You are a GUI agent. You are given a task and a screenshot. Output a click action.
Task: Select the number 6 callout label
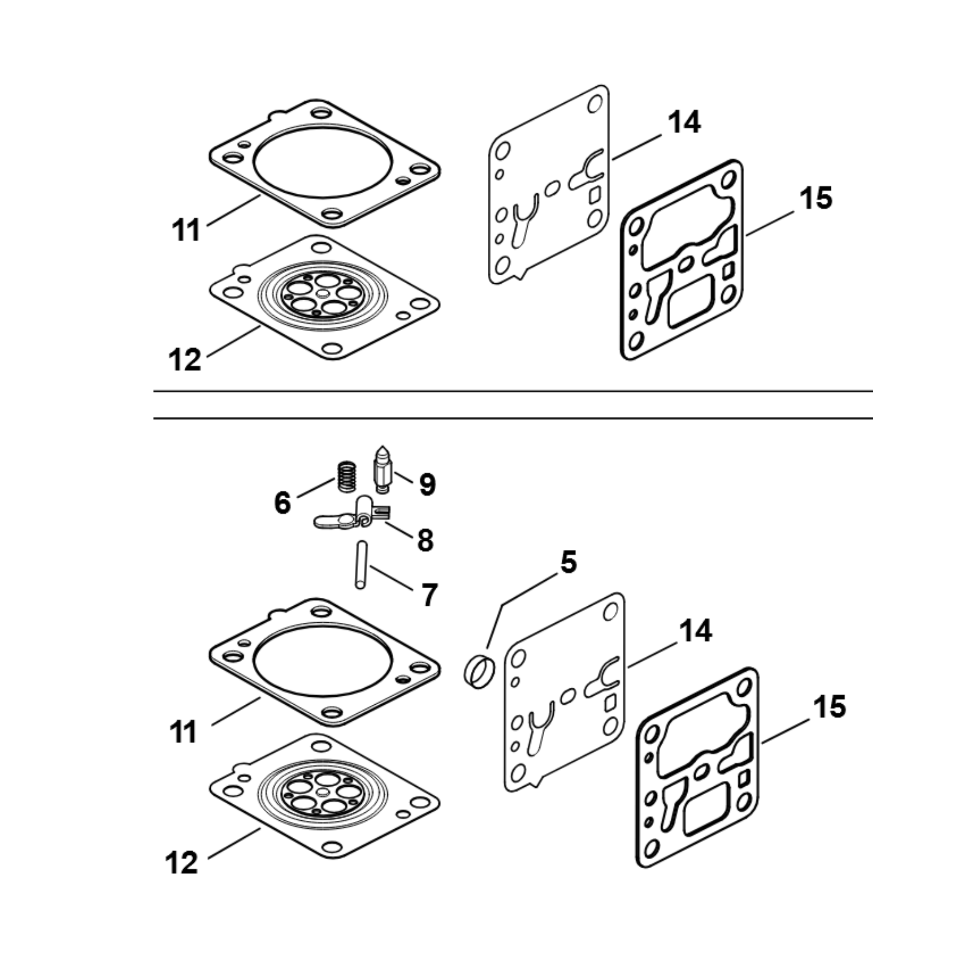tap(283, 502)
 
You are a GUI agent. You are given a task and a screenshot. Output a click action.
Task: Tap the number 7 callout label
tap(429, 595)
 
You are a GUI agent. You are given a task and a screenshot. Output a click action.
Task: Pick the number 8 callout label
tap(425, 541)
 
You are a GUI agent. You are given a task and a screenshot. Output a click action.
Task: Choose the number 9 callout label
tap(427, 485)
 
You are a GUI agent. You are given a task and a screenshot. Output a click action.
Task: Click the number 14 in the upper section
tap(684, 123)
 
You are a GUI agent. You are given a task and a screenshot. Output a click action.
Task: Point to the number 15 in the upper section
tap(816, 198)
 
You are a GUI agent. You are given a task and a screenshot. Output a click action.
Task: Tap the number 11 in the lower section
tap(183, 733)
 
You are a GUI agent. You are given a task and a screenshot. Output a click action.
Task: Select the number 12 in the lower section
tap(181, 863)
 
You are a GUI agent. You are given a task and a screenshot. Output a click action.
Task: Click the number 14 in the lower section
tap(695, 631)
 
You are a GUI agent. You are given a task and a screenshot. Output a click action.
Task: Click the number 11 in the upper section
tap(186, 231)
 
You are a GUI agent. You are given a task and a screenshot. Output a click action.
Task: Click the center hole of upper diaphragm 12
tap(323, 294)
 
